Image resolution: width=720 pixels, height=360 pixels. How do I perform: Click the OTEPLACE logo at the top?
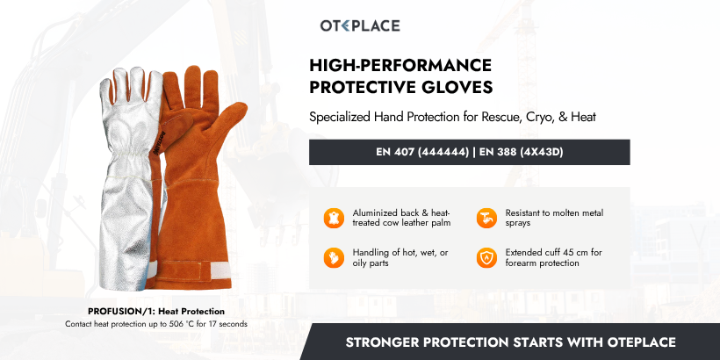tap(359, 25)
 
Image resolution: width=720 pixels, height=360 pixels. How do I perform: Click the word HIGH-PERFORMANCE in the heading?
tap(400, 66)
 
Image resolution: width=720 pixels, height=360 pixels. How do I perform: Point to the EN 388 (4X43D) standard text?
tap(520, 152)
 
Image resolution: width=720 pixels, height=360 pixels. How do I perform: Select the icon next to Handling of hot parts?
tap(334, 257)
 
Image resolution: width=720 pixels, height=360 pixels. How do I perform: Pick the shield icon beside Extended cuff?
tap(486, 257)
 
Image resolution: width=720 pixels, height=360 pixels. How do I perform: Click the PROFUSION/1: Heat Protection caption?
tap(156, 311)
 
